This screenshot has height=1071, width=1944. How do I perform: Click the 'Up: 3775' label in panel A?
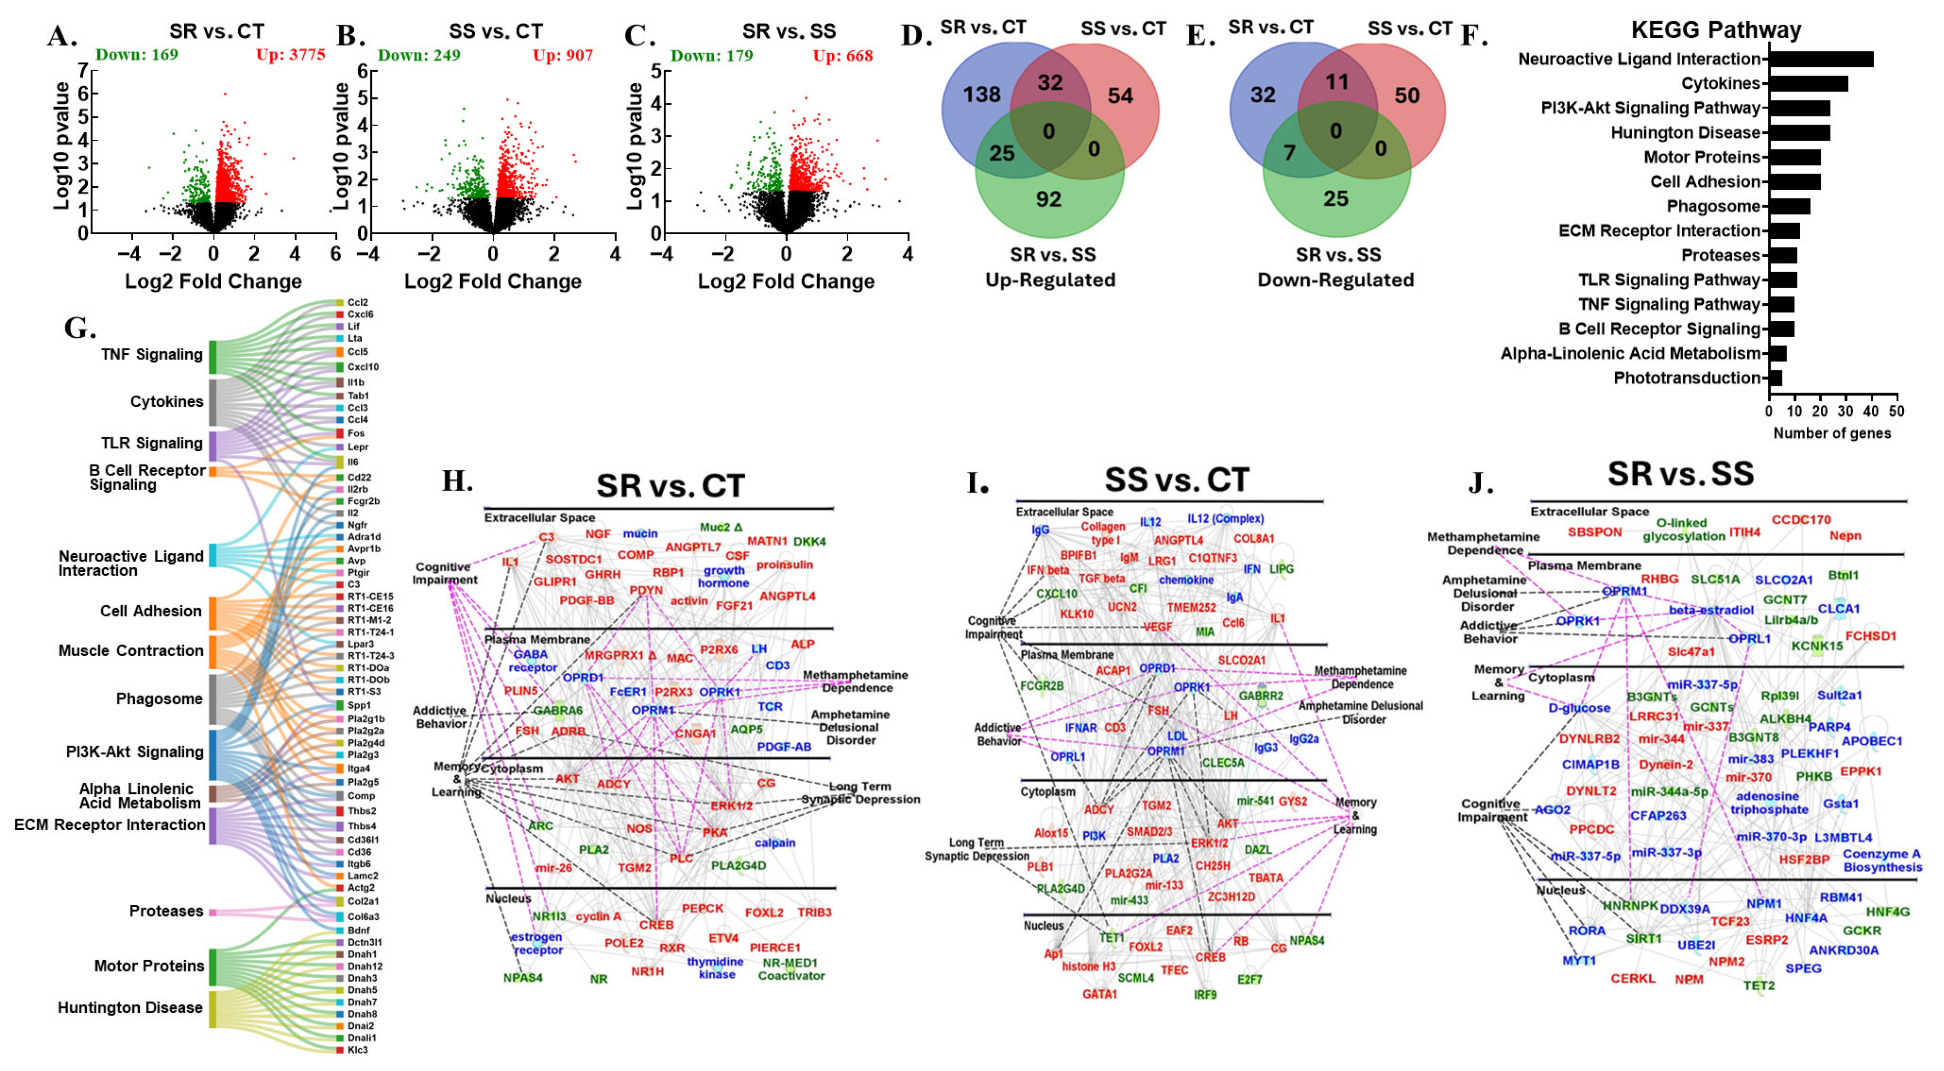[x=291, y=55]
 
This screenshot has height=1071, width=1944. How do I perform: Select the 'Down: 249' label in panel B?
[x=419, y=55]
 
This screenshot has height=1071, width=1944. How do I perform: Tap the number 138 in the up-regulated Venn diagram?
[x=981, y=94]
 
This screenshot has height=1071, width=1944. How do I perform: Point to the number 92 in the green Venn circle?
[x=1048, y=199]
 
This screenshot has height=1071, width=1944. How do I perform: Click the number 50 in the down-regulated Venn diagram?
[x=1407, y=95]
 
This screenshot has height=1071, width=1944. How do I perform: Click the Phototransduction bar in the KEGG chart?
[x=1775, y=378]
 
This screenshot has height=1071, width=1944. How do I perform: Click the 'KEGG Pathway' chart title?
[x=1715, y=30]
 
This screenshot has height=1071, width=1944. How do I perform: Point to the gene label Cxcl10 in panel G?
[x=362, y=367]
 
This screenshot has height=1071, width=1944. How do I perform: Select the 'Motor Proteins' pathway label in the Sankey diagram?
[x=149, y=966]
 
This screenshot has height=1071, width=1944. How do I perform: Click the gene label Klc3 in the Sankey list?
[x=357, y=1050]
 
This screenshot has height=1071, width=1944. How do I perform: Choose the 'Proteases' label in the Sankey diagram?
[x=165, y=911]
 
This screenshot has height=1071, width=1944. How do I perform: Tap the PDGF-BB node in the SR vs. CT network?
[x=586, y=601]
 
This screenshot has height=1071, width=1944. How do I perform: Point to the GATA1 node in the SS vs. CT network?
[x=1099, y=994]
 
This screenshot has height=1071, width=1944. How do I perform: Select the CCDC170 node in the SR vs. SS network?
[x=1801, y=520]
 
